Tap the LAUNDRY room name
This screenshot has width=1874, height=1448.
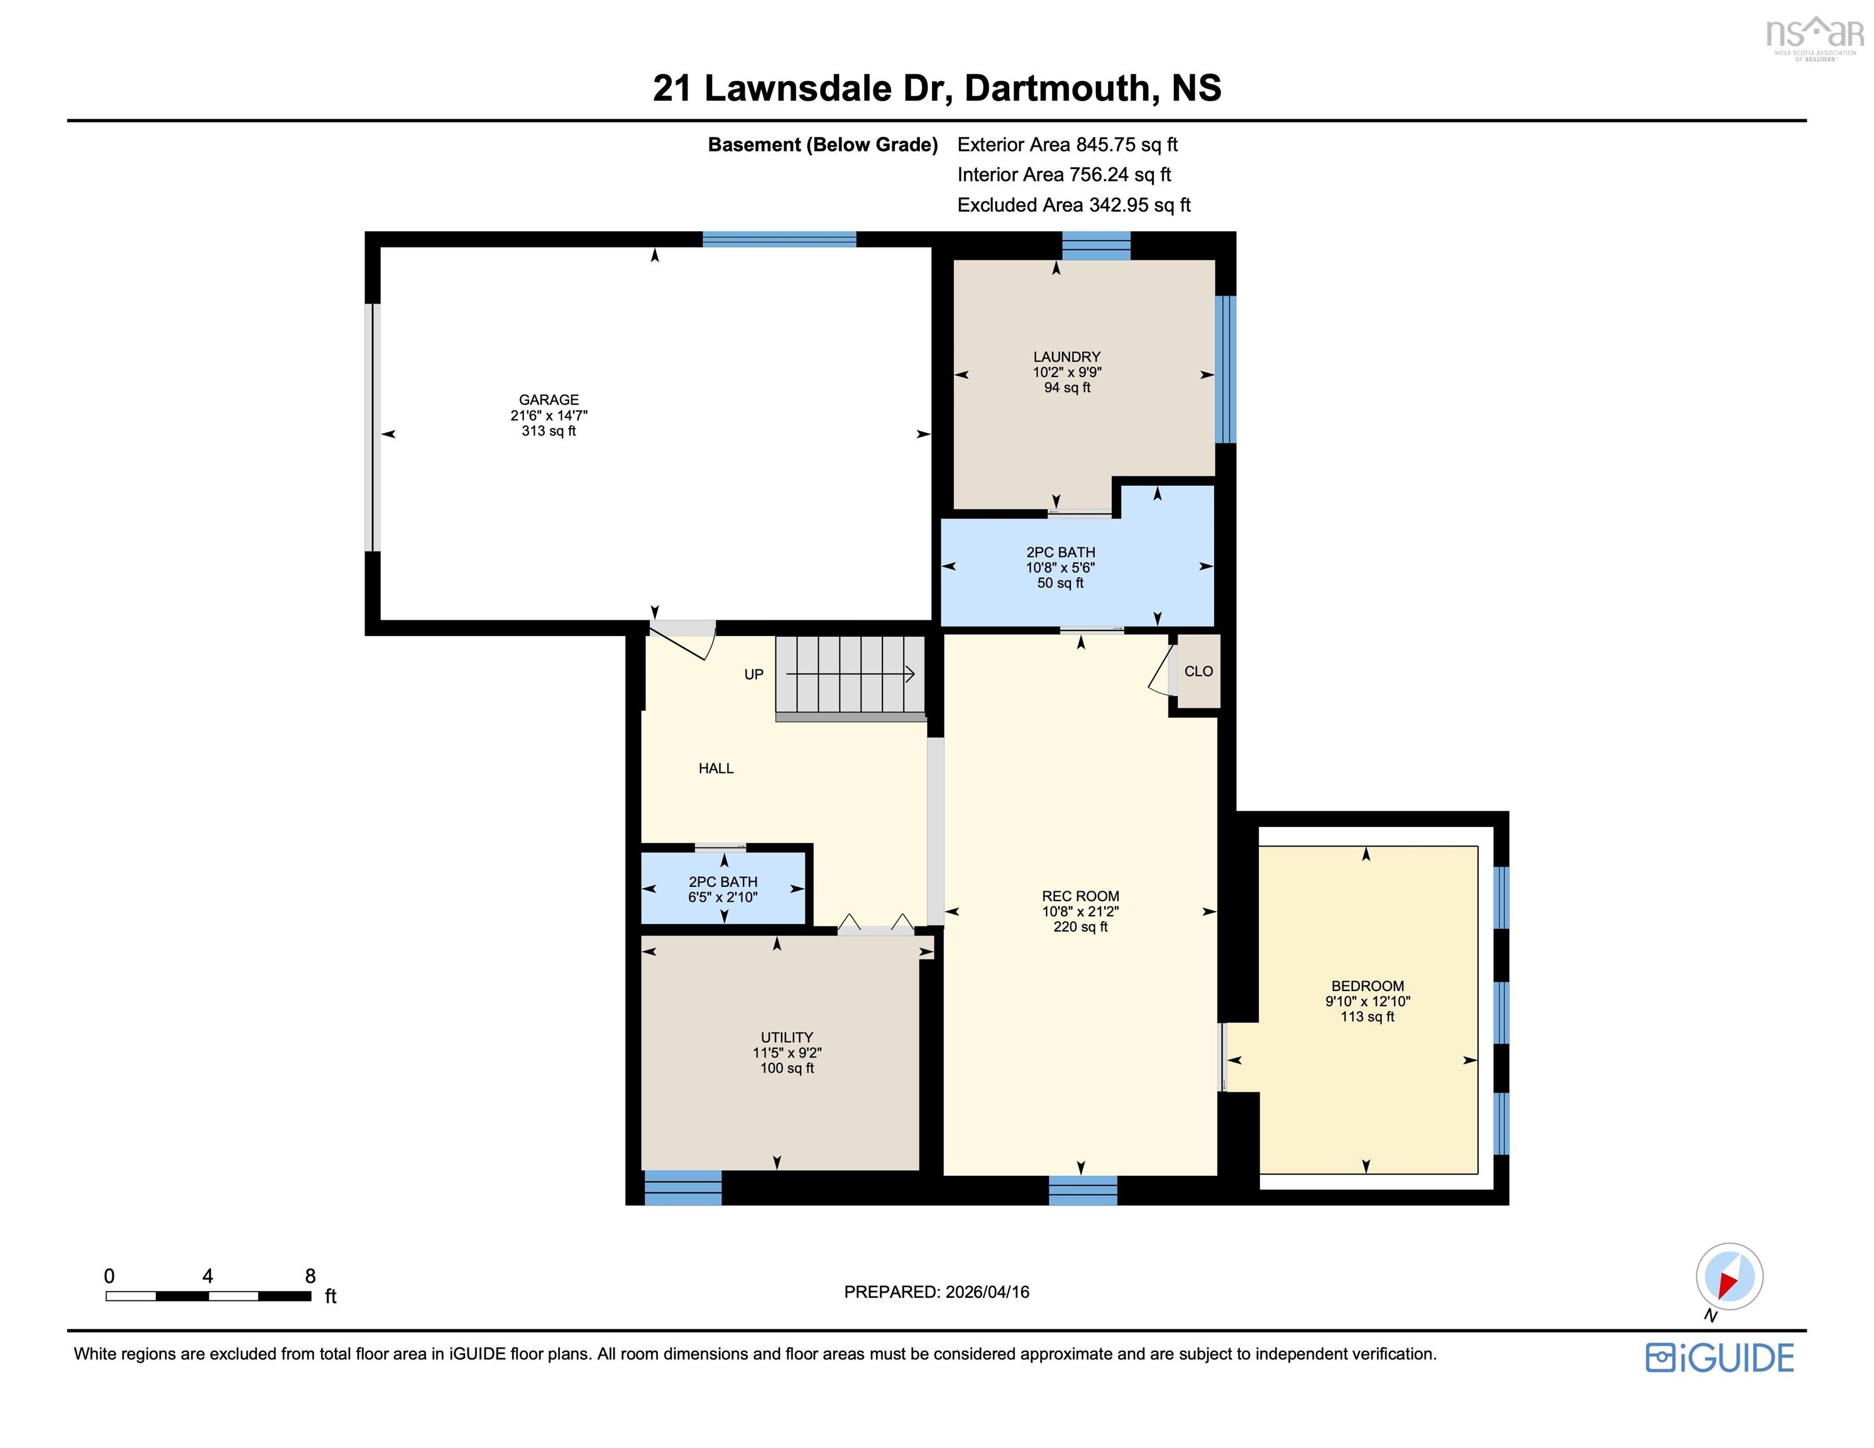[1066, 356]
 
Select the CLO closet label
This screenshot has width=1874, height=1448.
[1198, 671]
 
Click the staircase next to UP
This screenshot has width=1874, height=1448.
[850, 674]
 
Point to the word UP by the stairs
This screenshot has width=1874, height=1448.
[753, 674]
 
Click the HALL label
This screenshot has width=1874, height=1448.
[716, 768]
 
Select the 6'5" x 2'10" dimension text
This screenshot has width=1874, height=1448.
[723, 897]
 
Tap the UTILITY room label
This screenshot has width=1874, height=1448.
[786, 1037]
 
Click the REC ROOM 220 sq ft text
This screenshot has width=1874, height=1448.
[1080, 927]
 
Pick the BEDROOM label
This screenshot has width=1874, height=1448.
[1367, 986]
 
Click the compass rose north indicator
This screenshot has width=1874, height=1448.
[1729, 1276]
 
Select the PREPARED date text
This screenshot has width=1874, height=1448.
[936, 1292]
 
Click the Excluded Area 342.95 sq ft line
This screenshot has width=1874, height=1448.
[1073, 205]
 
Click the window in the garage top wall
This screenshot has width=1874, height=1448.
[779, 239]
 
